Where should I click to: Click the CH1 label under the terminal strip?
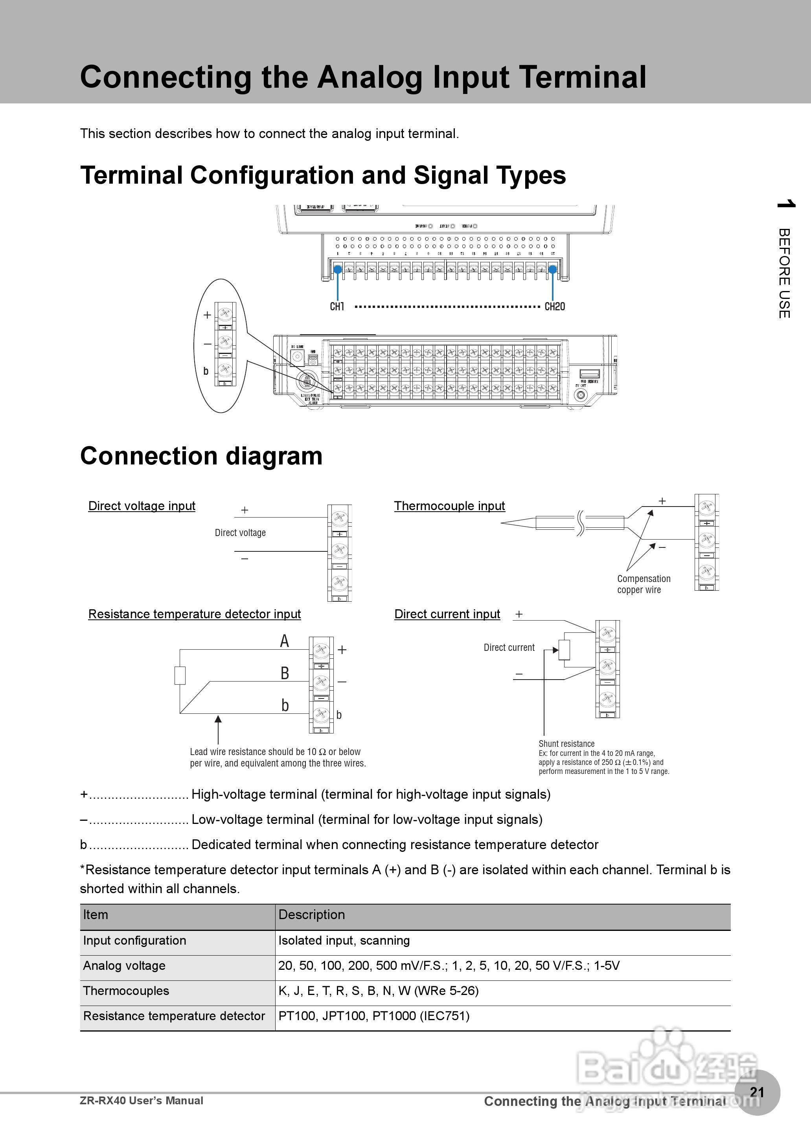[x=337, y=306]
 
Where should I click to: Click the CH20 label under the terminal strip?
[x=554, y=306]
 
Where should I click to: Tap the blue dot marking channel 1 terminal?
[x=338, y=270]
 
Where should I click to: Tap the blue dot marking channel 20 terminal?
[x=553, y=270]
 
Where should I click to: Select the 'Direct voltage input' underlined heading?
[x=142, y=506]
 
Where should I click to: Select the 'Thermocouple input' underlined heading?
[x=449, y=506]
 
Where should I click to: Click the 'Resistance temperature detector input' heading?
[x=194, y=614]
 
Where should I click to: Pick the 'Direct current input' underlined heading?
[x=447, y=614]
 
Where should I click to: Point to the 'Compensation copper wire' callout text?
[x=643, y=584]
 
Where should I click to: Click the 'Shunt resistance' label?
[x=566, y=744]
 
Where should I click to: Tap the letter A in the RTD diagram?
[x=284, y=641]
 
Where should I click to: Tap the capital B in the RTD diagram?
[x=285, y=673]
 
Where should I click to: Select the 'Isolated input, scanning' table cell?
[x=344, y=940]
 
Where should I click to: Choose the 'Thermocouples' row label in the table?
[x=126, y=991]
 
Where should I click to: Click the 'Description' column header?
[x=312, y=914]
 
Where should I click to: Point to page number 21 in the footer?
[x=757, y=1092]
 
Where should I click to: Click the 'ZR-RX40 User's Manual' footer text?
[x=142, y=1100]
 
